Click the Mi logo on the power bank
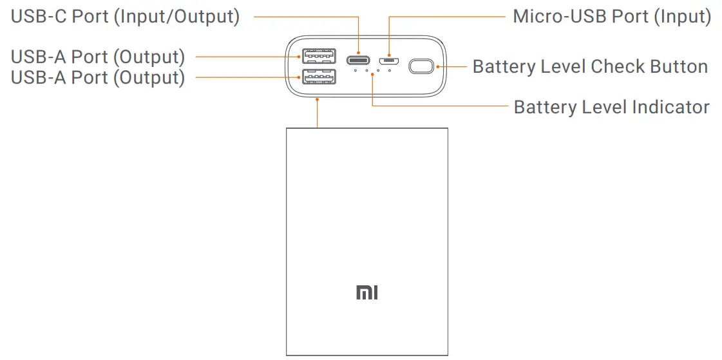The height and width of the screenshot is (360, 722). coord(366,293)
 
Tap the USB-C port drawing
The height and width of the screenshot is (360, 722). coord(358,61)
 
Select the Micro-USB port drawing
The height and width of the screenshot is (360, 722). coord(389,62)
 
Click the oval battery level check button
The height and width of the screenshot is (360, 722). coord(422,66)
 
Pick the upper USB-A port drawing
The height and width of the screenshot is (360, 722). coord(319,55)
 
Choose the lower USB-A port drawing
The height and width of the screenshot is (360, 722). coord(319,78)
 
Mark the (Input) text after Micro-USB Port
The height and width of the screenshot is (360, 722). coord(682,17)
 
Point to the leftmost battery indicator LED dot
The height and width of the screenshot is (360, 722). coord(355,70)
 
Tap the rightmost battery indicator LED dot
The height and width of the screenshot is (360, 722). coord(390,70)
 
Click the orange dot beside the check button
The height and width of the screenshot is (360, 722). coord(439,66)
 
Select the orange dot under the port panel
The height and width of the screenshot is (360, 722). coord(318,99)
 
